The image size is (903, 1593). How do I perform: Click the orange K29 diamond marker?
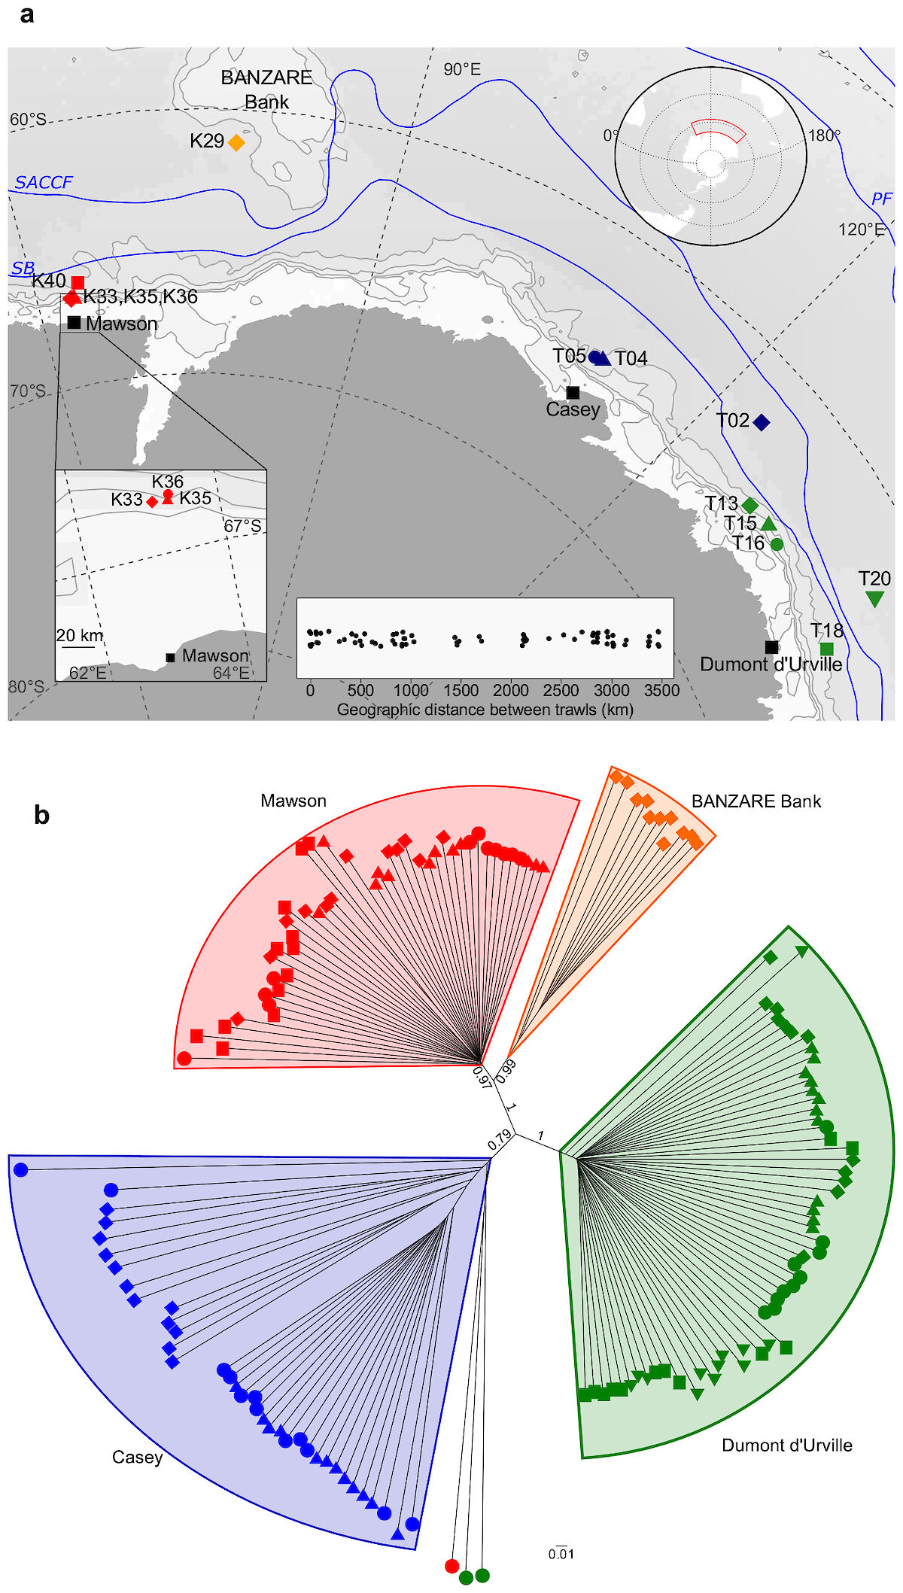236,142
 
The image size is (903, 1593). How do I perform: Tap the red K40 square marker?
78,283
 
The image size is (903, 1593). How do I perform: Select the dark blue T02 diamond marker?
762,422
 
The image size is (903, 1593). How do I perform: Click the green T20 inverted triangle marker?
874,599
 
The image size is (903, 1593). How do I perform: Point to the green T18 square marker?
827,649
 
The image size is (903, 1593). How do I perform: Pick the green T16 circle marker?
777,544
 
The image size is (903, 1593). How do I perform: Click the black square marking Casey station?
573,392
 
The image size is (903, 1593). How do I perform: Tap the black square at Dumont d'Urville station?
771,647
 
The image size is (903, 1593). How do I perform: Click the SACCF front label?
44,182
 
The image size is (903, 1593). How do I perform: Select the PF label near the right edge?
882,199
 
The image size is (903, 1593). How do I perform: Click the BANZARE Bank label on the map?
266,90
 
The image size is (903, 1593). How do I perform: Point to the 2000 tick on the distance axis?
511,690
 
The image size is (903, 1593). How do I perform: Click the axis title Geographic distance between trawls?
485,710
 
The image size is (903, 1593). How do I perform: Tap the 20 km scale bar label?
80,635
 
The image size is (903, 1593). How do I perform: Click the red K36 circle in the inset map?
168,494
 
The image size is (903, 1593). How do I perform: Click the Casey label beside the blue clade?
137,1458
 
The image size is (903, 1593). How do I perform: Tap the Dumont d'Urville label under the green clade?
787,1445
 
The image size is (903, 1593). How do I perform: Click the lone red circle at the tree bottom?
451,1566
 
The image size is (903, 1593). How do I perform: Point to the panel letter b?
41,815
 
